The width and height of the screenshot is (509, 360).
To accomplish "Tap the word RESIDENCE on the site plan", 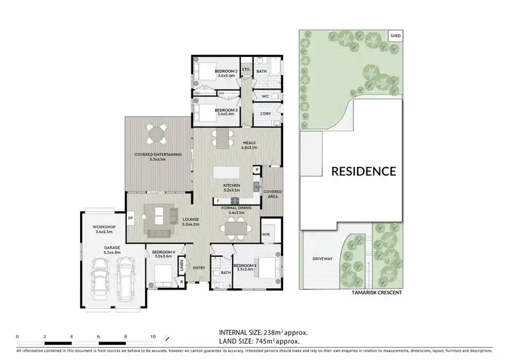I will click(363, 171).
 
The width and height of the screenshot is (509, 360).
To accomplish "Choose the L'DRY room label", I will click(266, 113).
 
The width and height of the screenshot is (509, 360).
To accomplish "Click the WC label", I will click(265, 96).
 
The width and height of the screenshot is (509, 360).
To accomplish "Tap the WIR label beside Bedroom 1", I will click(267, 235).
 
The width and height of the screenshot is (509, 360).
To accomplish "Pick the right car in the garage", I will click(127, 279).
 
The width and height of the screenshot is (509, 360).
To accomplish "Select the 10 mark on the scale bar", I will click(153, 336).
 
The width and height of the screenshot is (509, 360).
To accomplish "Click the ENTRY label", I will click(199, 267).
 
